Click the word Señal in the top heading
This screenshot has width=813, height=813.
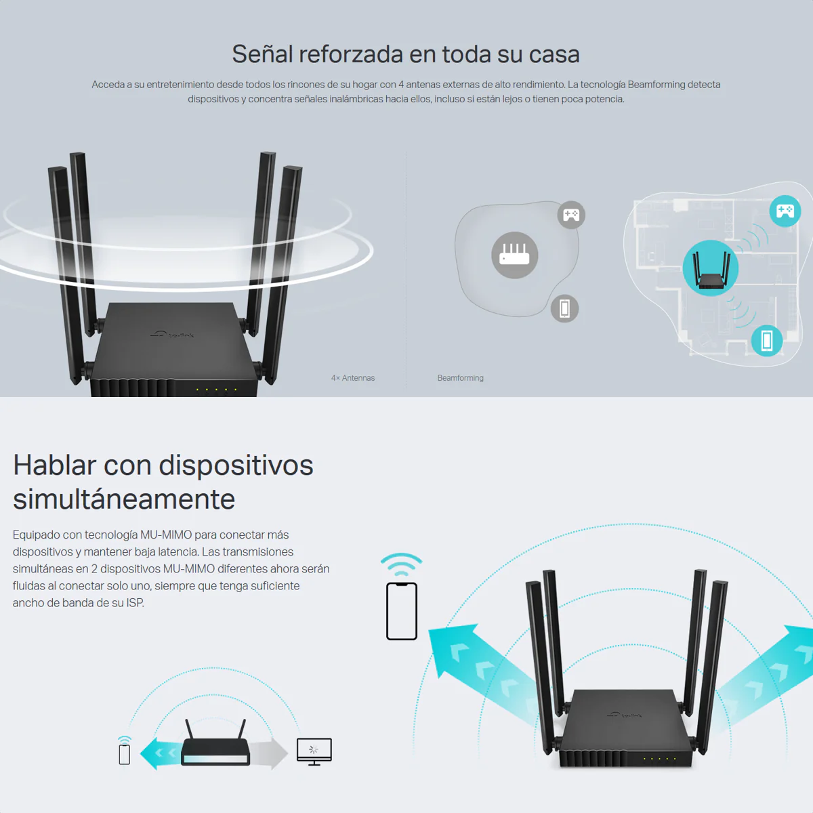click(x=262, y=54)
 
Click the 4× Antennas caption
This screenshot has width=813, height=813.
click(x=353, y=378)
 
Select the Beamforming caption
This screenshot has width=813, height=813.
click(x=460, y=378)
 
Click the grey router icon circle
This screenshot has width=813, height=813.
click(x=514, y=255)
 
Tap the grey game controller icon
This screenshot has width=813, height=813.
click(x=571, y=215)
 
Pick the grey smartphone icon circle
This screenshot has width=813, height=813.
click(x=564, y=308)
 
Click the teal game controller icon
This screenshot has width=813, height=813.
click(x=785, y=211)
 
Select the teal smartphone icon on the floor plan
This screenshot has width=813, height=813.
click(x=767, y=341)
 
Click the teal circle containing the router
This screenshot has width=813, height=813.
click(x=711, y=268)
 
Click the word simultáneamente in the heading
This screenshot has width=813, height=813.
click(x=124, y=499)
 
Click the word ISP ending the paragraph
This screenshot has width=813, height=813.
click(x=135, y=603)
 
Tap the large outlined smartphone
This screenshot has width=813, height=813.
click(x=402, y=611)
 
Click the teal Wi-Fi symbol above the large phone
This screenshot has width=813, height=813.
click(x=401, y=564)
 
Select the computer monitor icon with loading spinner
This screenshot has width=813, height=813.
click(x=314, y=751)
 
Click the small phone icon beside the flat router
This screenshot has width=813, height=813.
click(x=125, y=754)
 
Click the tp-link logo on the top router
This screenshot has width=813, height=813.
click(x=172, y=335)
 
